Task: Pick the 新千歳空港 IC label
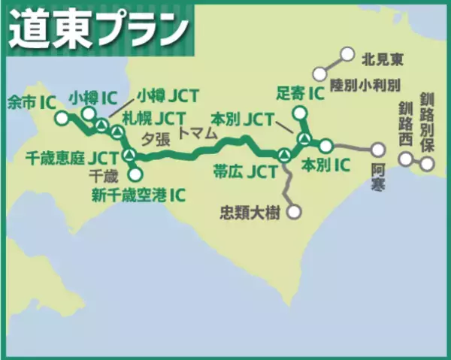point(138,195)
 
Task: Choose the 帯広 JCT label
point(244,171)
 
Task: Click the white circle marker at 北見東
point(347,55)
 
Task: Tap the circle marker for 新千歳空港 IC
point(135,174)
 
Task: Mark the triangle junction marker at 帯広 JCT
point(283,154)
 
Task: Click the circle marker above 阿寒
point(378,149)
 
